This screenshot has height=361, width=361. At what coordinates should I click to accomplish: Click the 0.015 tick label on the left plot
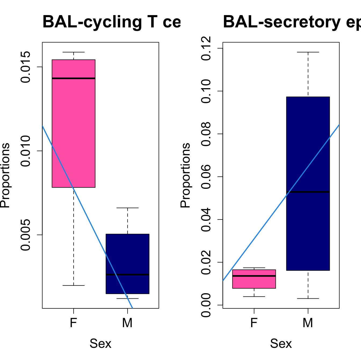pos(26,67)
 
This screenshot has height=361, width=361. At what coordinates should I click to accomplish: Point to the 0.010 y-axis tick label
pos(26,151)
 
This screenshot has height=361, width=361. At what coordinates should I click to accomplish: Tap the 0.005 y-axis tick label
pos(26,235)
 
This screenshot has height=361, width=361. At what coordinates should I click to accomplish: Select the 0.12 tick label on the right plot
pos(206,48)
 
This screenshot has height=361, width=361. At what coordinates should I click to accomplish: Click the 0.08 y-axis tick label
pos(206,134)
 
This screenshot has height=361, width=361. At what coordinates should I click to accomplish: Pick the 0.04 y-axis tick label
pos(206,219)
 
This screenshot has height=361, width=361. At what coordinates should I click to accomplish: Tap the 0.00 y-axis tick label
pos(206,305)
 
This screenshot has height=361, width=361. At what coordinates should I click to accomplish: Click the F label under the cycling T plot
pos(74,323)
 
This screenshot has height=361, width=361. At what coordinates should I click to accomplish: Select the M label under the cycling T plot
pos(127,323)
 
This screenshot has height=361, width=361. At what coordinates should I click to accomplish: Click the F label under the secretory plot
pos(254,323)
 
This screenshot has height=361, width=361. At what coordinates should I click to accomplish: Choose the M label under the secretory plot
pos(308,323)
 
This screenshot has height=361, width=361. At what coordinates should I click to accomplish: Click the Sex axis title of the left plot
pos(100,344)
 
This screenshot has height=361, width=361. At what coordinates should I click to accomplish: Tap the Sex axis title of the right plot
pos(281,344)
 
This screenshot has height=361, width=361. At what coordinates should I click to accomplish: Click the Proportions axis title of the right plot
pos(185,175)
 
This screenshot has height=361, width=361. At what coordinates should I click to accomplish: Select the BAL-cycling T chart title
pos(111,22)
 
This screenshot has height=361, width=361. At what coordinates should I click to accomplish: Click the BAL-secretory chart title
pos(292,22)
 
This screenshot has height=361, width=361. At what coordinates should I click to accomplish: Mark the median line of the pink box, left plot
pos(74,78)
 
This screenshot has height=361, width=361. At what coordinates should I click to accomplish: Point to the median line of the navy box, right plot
pos(308,192)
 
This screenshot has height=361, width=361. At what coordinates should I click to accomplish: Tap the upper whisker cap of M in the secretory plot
pos(308,52)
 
